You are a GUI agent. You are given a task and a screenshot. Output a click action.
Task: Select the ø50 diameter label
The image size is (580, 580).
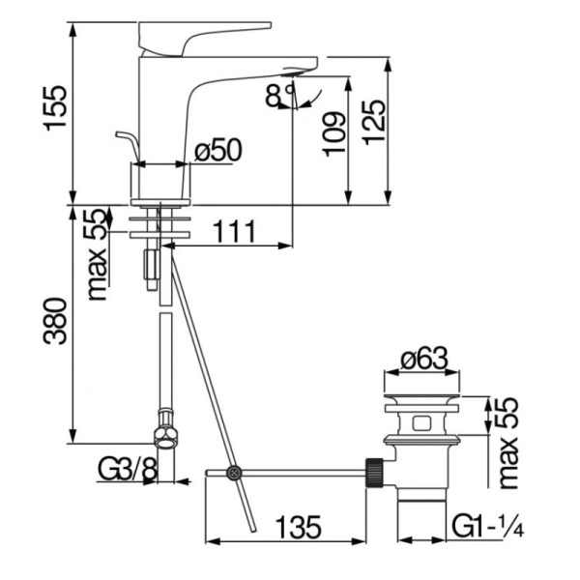coord(217,151)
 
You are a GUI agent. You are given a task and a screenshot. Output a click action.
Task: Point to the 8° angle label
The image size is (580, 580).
coord(278,95)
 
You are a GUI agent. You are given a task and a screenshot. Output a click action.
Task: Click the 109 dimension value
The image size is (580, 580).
coord(333,133)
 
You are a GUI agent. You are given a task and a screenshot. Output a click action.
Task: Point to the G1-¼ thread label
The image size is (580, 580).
coord(487,528)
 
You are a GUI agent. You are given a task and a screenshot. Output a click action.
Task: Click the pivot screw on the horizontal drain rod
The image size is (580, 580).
coord(232,473)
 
